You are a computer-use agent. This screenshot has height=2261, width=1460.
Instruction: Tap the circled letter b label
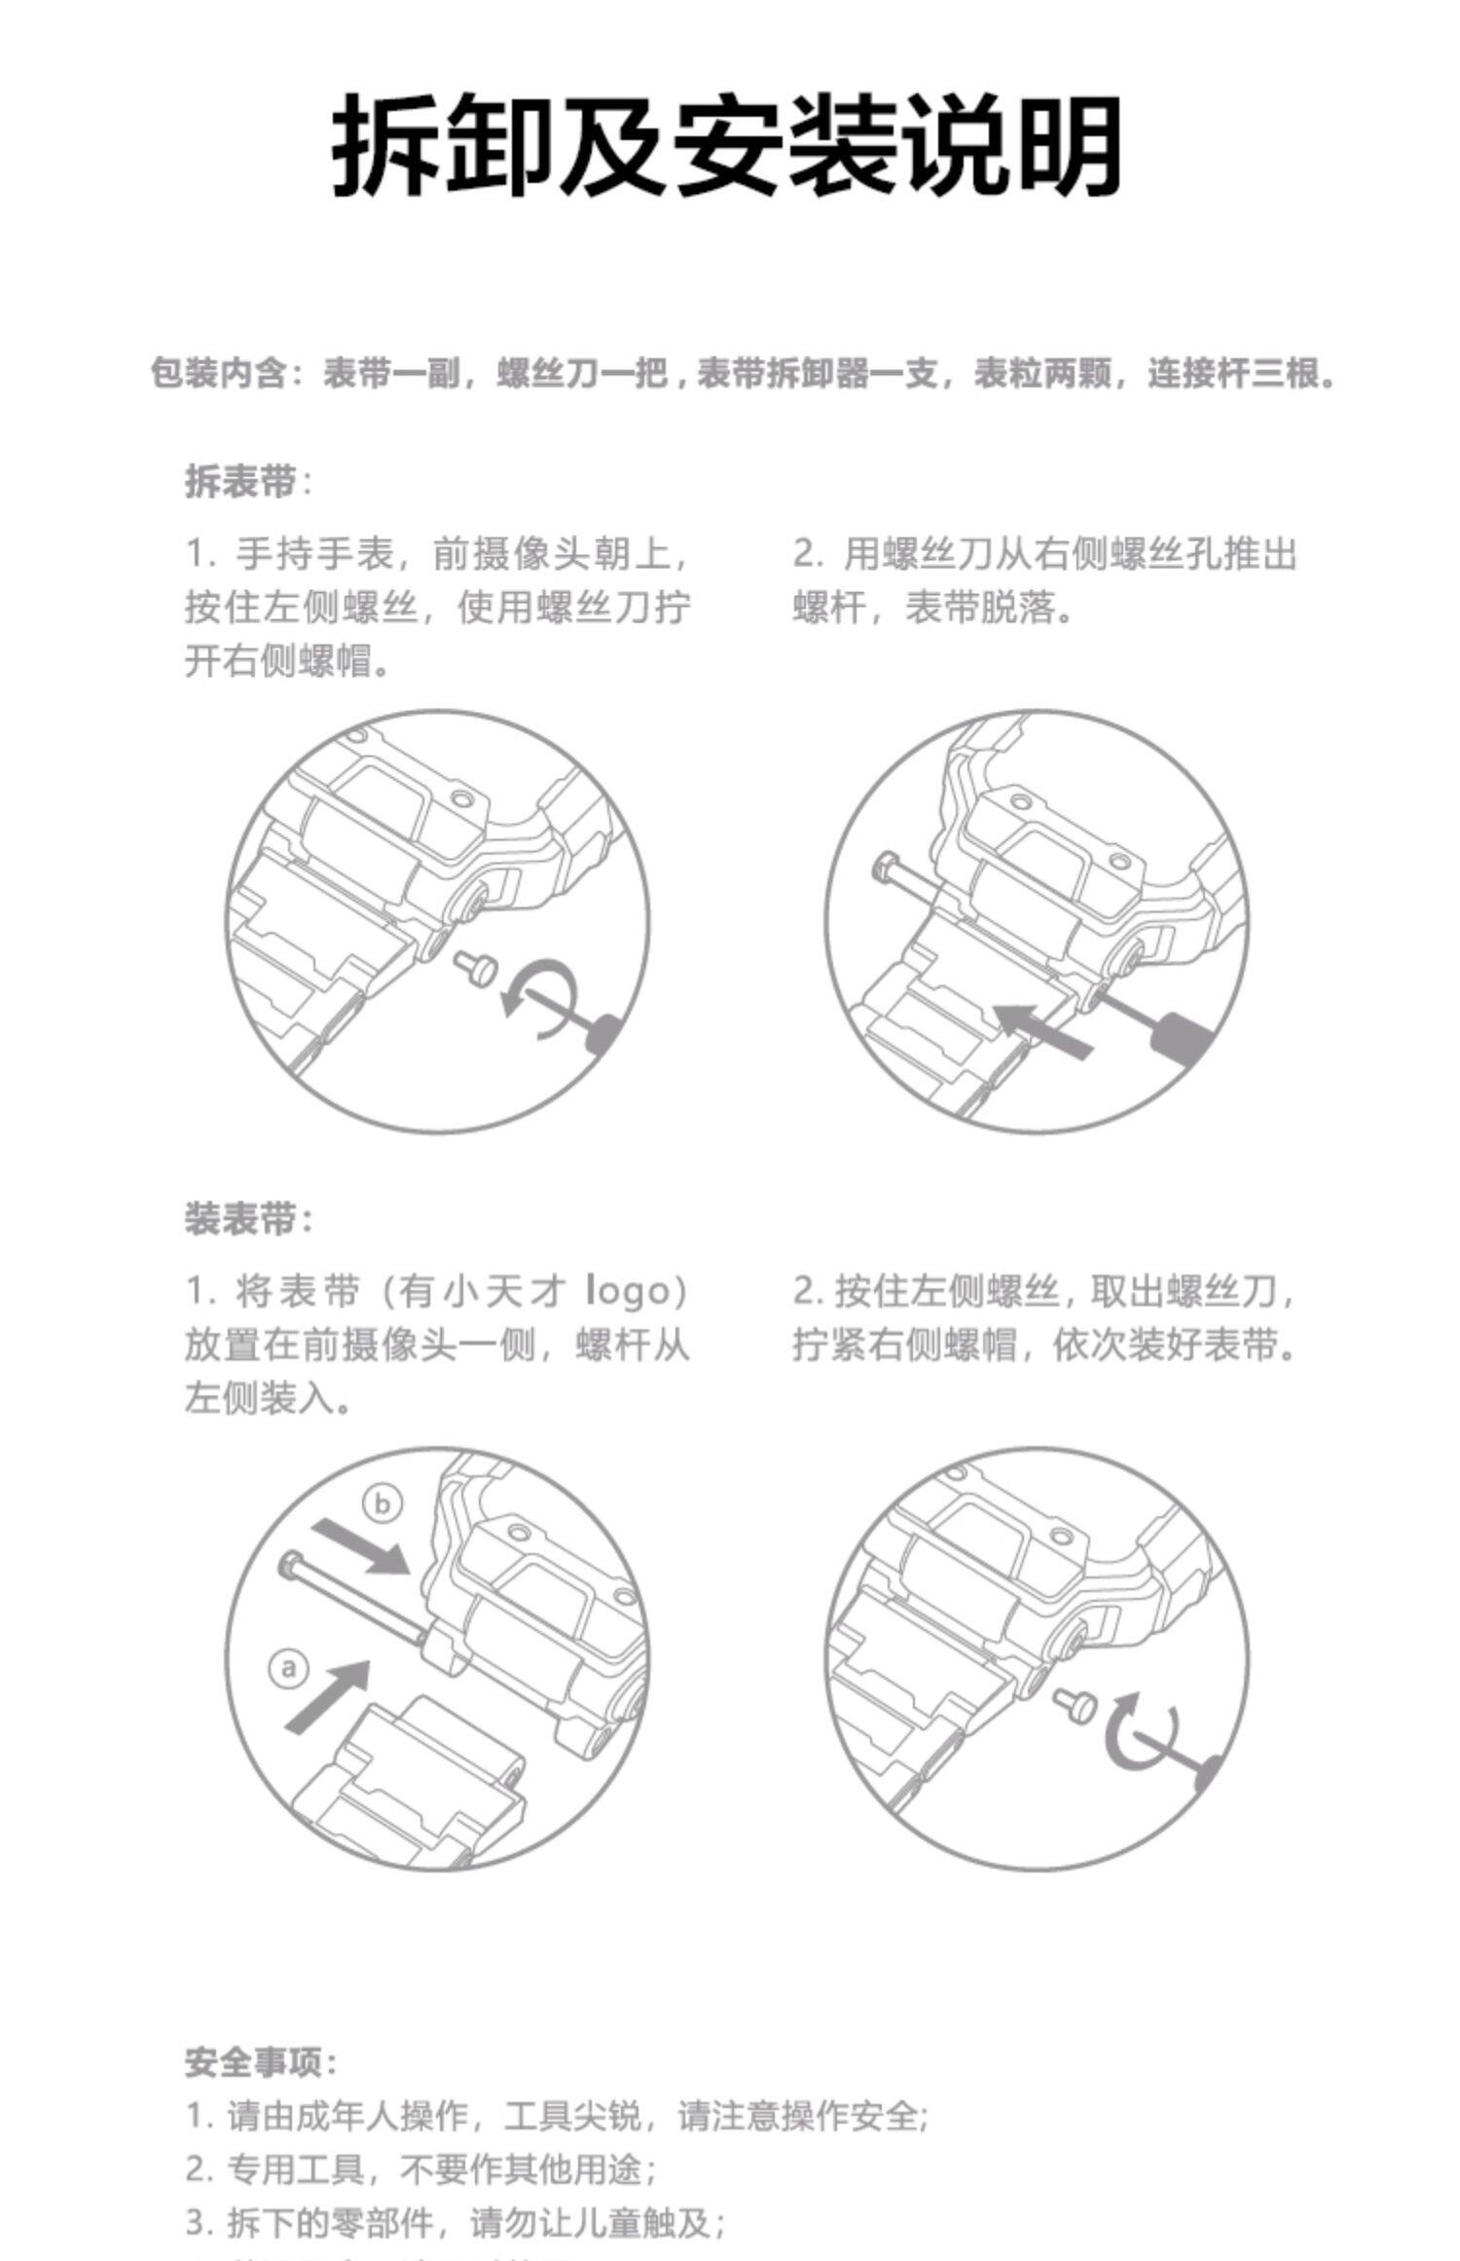coord(383,1504)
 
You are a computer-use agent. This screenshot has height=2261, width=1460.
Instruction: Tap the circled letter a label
coord(288,1670)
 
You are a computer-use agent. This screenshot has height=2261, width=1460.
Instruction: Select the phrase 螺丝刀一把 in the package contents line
coord(582,374)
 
